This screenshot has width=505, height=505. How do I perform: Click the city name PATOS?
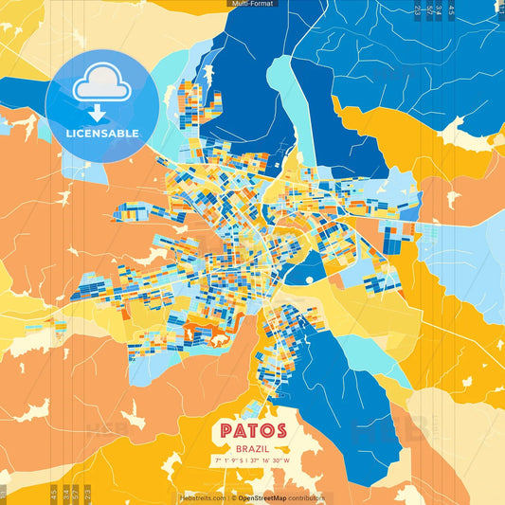click(252, 430)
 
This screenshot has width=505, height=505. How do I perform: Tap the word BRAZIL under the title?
click(252, 447)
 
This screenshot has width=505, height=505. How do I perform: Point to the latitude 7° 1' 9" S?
click(228, 460)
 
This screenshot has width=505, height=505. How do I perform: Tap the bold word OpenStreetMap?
click(264, 497)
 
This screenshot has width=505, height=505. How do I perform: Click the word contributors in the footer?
click(309, 497)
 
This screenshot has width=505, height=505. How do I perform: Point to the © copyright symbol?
click(233, 497)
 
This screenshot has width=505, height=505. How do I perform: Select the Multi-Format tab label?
click(252, 4)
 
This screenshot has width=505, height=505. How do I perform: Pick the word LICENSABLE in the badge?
click(101, 134)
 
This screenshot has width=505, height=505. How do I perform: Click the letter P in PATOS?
click(226, 430)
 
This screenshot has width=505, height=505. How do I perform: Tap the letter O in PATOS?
click(264, 430)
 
